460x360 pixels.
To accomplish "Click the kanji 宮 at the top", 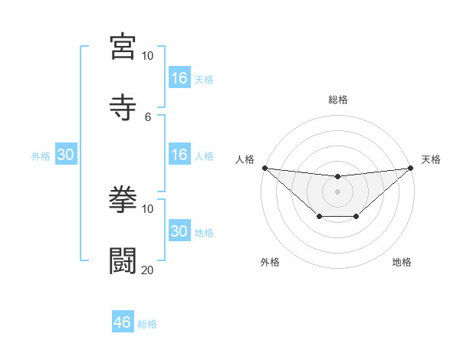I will click(x=123, y=46).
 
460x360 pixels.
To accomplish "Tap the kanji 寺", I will click(x=123, y=107).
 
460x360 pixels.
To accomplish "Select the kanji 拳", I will click(x=123, y=199).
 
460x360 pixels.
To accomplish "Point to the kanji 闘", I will click(x=123, y=260).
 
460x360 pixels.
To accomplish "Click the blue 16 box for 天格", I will click(x=179, y=78).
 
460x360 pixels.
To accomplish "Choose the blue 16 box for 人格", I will click(x=179, y=155).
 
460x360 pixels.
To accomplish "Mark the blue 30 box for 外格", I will click(x=66, y=155).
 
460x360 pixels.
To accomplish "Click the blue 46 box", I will click(x=123, y=322).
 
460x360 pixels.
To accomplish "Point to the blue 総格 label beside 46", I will click(x=147, y=324).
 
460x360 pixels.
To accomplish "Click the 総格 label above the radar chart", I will click(x=338, y=100).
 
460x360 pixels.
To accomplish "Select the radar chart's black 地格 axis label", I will click(x=402, y=262).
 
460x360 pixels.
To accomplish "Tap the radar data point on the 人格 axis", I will click(x=265, y=168).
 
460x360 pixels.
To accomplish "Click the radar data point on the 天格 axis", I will click(x=410, y=168).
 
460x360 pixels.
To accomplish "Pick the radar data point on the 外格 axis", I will click(x=319, y=218).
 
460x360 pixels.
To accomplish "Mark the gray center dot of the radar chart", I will click(x=338, y=191).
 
